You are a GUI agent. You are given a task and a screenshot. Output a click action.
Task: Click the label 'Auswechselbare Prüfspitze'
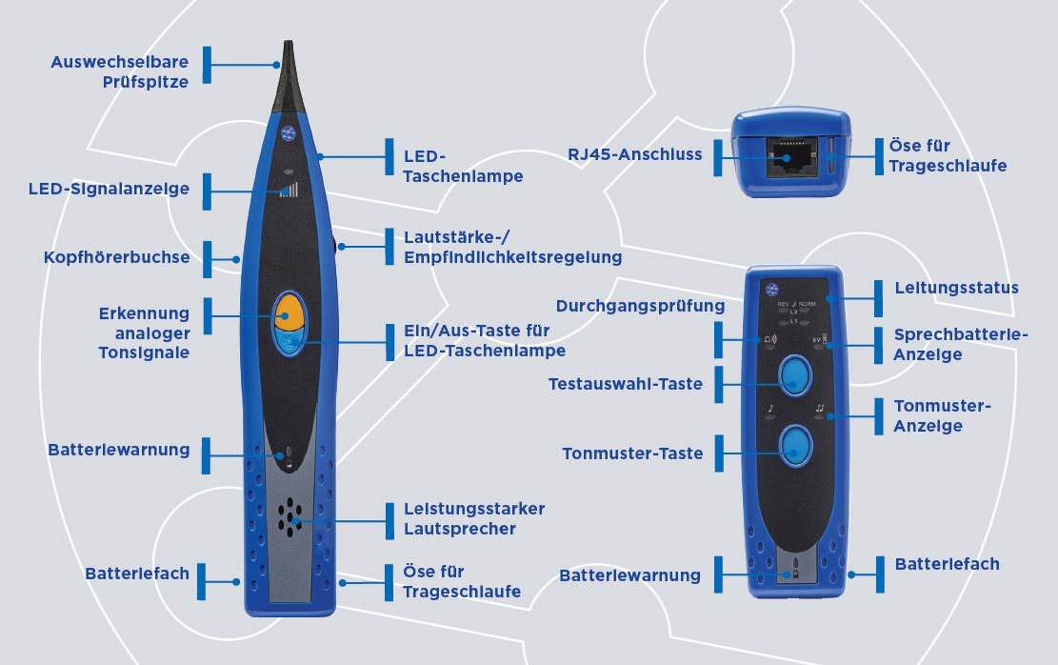pyautogui.click(x=119, y=72)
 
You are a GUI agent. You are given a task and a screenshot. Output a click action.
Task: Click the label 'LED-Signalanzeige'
pyautogui.click(x=109, y=189)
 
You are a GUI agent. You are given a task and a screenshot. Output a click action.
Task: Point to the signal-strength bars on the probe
pyautogui.click(x=289, y=189)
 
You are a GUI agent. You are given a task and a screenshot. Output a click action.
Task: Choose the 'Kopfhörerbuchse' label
pyautogui.click(x=116, y=258)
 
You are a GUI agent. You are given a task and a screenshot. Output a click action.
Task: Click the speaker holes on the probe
pyautogui.click(x=289, y=515)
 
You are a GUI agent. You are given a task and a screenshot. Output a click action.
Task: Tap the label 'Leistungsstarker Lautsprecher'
pyautogui.click(x=473, y=518)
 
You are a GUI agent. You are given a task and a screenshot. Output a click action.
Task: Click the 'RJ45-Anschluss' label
pyautogui.click(x=635, y=153)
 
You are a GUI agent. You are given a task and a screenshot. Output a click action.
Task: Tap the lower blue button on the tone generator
pyautogui.click(x=793, y=445)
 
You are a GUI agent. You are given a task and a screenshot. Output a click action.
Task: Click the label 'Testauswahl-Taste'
pyautogui.click(x=626, y=384)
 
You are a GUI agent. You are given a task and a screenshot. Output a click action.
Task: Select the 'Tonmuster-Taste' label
pyautogui.click(x=632, y=453)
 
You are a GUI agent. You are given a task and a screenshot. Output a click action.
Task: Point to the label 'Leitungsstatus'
pyautogui.click(x=956, y=288)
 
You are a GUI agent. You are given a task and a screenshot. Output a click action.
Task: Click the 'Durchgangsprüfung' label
pyautogui.click(x=640, y=306)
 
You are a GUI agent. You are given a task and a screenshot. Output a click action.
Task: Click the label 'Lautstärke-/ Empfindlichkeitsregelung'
pyautogui.click(x=512, y=247)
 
